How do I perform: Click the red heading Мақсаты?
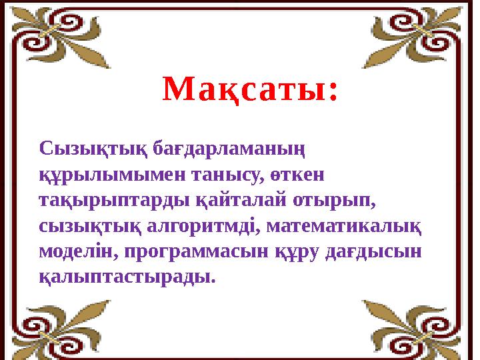250,90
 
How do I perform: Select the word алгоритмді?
213,225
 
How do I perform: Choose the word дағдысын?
376,251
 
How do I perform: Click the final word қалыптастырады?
127,276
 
